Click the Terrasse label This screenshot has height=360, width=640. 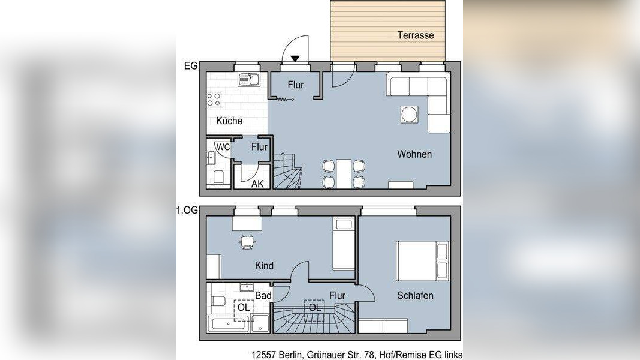pos(416,35)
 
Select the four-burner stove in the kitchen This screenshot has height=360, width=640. pos(214,100)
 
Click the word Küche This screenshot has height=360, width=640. pos(229,121)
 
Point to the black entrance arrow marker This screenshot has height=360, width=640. pos(295,59)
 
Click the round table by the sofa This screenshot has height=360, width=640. pos(409,114)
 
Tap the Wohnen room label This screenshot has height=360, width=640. pos(414,154)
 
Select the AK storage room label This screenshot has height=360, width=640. pos(257,184)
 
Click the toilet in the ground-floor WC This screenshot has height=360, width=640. pos(218,178)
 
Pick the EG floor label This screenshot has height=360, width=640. pos(191,66)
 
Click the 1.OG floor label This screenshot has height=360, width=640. pos(187,210)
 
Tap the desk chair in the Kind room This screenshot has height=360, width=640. pos(247,242)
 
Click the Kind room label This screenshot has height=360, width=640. pos(264,266)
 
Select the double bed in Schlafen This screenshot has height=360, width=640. pos(423,261)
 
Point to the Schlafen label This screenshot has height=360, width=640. pos(415,296)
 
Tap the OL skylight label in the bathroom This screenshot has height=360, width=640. pos(244,307)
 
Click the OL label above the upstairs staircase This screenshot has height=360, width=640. pos(315,307)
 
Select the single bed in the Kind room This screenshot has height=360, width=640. pos(343,244)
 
